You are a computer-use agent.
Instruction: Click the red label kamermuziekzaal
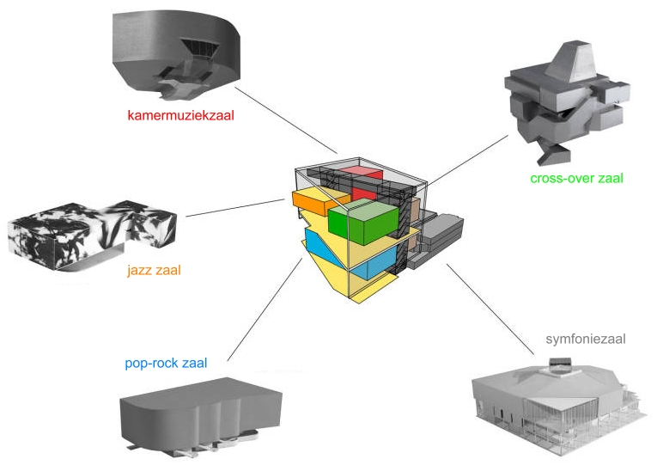click(x=180, y=114)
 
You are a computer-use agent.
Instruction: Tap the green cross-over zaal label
click(x=576, y=179)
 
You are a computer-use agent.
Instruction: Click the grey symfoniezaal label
click(x=585, y=339)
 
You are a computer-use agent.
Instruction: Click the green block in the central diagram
click(x=362, y=222)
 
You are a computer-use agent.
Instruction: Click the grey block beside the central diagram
click(x=440, y=236)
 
